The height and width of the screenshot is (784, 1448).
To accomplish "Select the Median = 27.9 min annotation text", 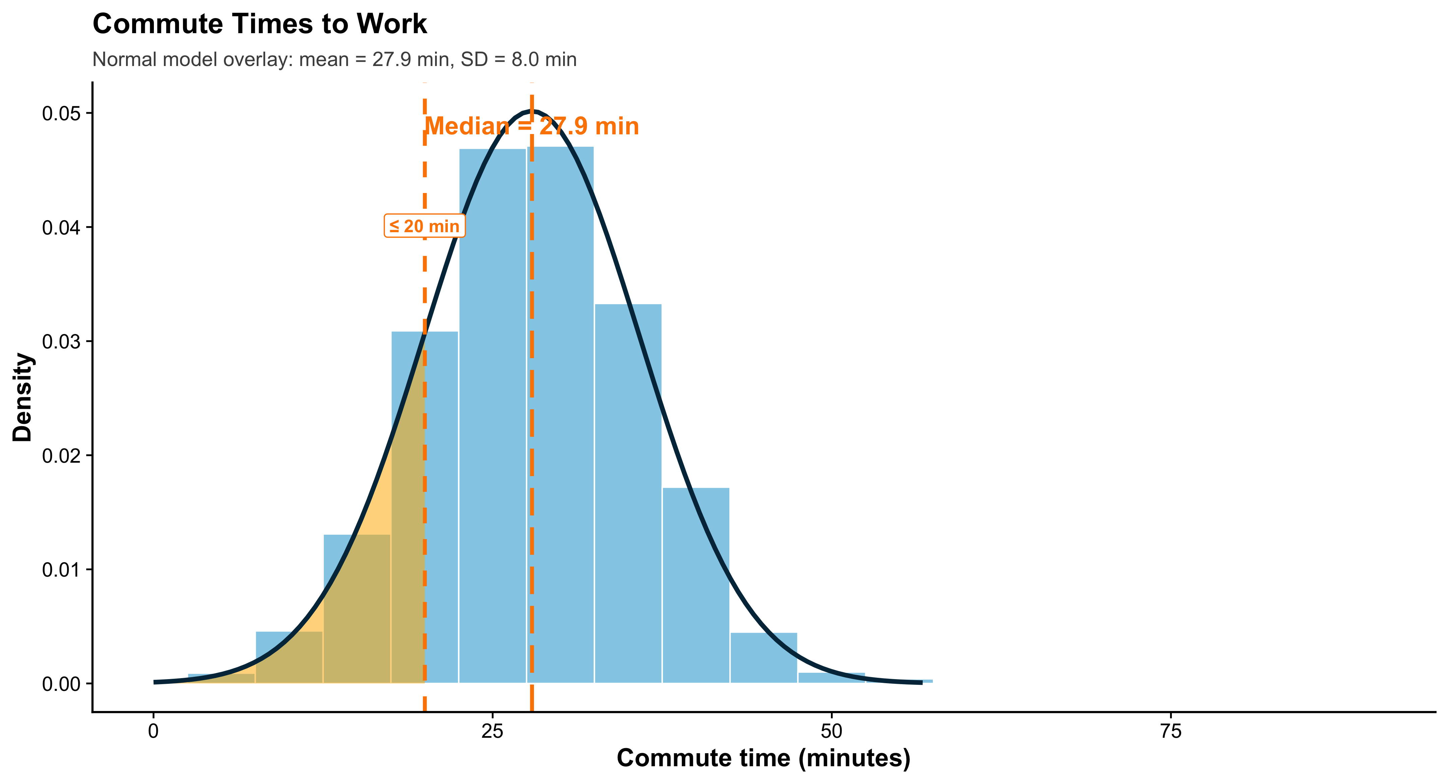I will pos(532,126).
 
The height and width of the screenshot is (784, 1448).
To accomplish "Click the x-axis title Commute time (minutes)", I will pos(763,758).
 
